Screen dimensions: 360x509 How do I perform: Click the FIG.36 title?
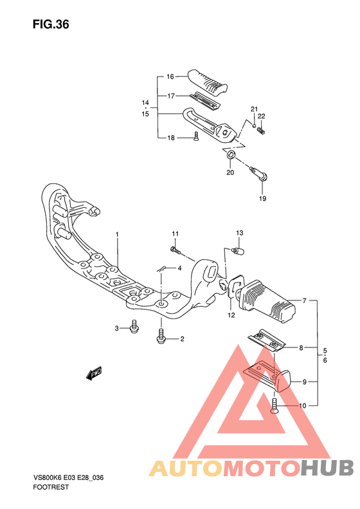tap(51, 24)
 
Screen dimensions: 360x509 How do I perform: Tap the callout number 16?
tap(170, 77)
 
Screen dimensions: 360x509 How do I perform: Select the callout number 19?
tap(262, 198)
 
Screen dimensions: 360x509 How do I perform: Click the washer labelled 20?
tap(231, 154)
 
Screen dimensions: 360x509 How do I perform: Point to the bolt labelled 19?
tap(258, 174)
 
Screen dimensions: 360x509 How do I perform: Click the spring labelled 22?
tap(261, 131)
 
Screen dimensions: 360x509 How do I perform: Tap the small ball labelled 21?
tap(255, 125)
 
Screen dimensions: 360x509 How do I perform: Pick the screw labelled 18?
tap(195, 136)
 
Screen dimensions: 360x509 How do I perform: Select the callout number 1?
tap(117, 234)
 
